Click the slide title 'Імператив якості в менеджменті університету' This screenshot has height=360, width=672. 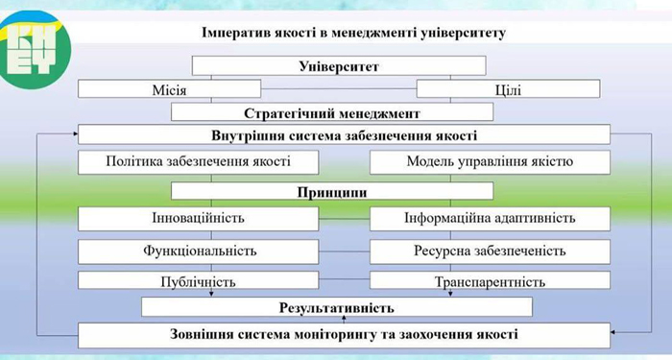pyautogui.click(x=353, y=33)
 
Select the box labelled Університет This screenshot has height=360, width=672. pyautogui.click(x=339, y=66)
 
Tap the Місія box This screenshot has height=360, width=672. pyautogui.click(x=169, y=89)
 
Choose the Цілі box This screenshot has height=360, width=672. pyautogui.click(x=508, y=89)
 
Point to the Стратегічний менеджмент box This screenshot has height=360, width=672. pyautogui.click(x=332, y=112)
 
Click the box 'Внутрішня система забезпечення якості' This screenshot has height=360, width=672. pyautogui.click(x=344, y=134)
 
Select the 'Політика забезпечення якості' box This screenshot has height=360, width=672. pyautogui.click(x=199, y=162)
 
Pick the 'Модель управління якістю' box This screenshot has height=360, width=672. pyautogui.click(x=490, y=162)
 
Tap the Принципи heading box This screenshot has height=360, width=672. pyautogui.click(x=332, y=191)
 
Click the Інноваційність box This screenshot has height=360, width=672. pyautogui.click(x=199, y=219)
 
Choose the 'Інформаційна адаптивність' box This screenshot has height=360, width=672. pyautogui.click(x=490, y=219)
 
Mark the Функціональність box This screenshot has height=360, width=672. pyautogui.click(x=199, y=252)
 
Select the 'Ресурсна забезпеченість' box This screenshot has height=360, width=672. pyautogui.click(x=490, y=252)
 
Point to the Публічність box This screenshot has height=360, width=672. pyautogui.click(x=199, y=280)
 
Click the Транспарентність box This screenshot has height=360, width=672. pyautogui.click(x=490, y=280)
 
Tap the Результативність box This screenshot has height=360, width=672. pyautogui.click(x=337, y=307)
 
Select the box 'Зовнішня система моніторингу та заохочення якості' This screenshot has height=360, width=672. pyautogui.click(x=344, y=335)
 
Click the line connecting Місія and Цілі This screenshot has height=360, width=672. pyautogui.click(x=339, y=88)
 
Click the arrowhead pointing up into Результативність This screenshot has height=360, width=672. pyautogui.click(x=344, y=319)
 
